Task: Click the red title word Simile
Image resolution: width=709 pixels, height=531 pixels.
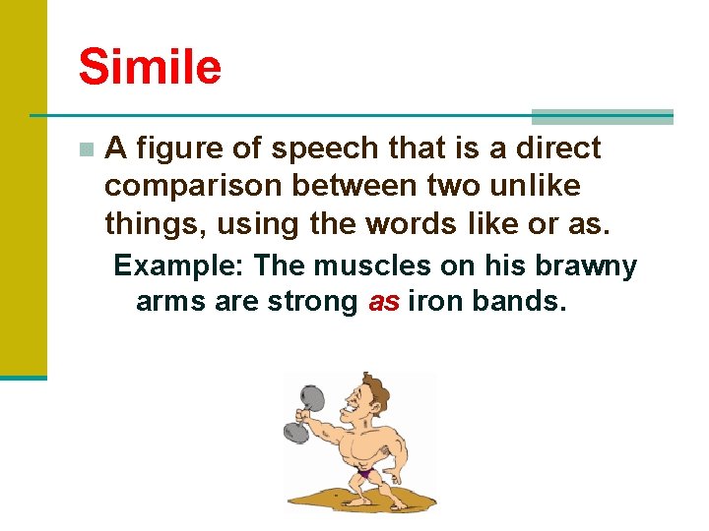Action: (150, 68)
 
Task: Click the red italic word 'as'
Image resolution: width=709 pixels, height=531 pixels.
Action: (383, 301)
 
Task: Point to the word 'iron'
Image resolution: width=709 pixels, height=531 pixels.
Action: (434, 301)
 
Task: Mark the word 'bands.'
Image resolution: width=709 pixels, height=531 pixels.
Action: (519, 301)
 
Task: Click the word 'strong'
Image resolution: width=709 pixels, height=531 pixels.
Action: (313, 301)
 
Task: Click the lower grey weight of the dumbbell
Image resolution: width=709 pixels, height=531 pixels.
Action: (296, 432)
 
